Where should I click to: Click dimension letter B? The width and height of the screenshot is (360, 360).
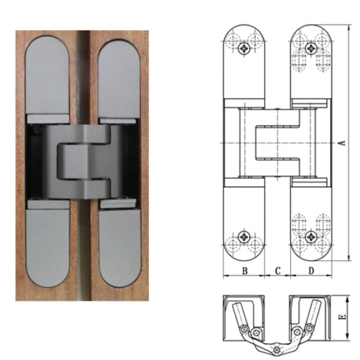(244, 271)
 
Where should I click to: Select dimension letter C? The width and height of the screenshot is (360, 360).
(277, 271)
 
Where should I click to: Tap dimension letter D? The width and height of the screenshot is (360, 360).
(311, 271)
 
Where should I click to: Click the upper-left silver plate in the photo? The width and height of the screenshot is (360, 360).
(47, 77)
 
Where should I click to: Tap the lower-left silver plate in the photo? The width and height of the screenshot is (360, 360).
(48, 242)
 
